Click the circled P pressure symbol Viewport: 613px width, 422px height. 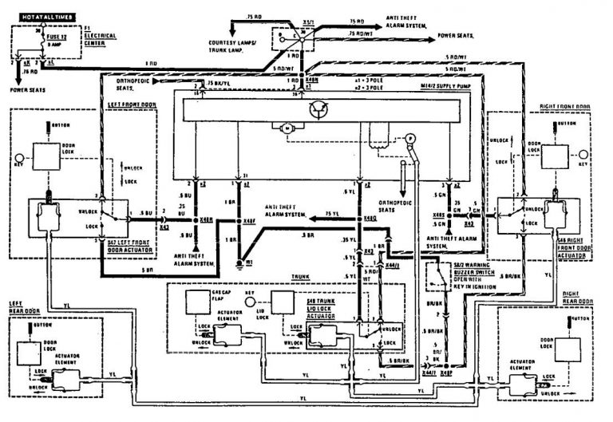(x=411, y=138)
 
